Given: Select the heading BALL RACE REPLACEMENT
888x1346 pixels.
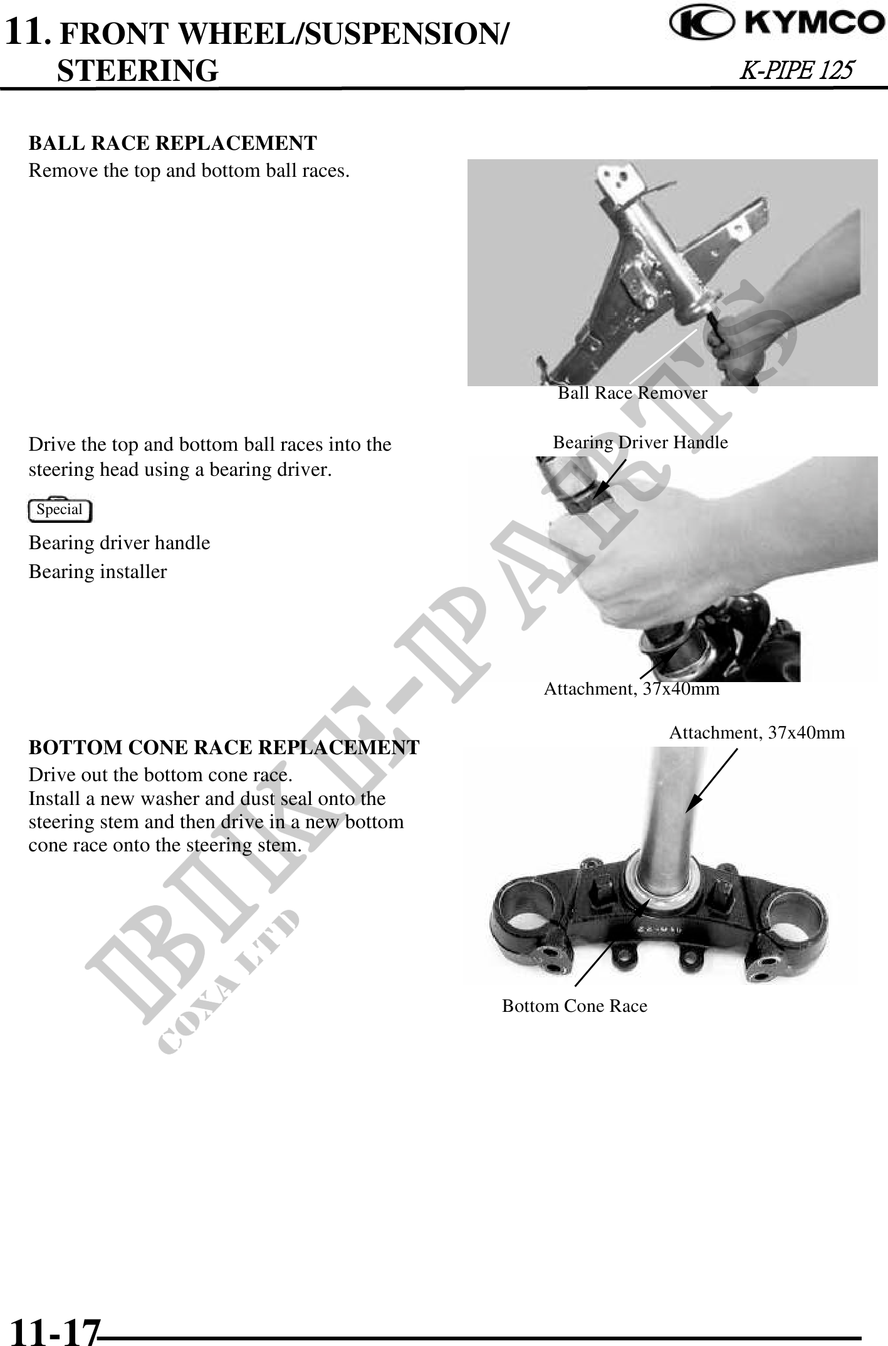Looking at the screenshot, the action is click(173, 143).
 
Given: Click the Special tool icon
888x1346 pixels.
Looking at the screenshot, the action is click(60, 509).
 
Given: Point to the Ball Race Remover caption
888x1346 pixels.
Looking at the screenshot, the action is click(632, 393).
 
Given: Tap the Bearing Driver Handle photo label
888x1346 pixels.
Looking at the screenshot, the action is click(640, 443).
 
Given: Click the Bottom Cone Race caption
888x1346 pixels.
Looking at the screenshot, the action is click(575, 1006).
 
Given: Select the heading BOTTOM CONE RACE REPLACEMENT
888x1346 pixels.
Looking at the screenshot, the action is click(224, 747).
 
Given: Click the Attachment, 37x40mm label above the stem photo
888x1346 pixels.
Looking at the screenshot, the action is click(757, 732).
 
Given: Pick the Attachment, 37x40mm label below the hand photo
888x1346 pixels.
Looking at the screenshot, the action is click(632, 689).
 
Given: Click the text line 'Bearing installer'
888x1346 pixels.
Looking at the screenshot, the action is click(98, 572).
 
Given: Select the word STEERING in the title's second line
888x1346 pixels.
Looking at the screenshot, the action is click(138, 70).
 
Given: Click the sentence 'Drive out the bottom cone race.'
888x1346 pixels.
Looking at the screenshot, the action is click(160, 775).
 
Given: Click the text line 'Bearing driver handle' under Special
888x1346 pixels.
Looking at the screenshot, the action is click(120, 543).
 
